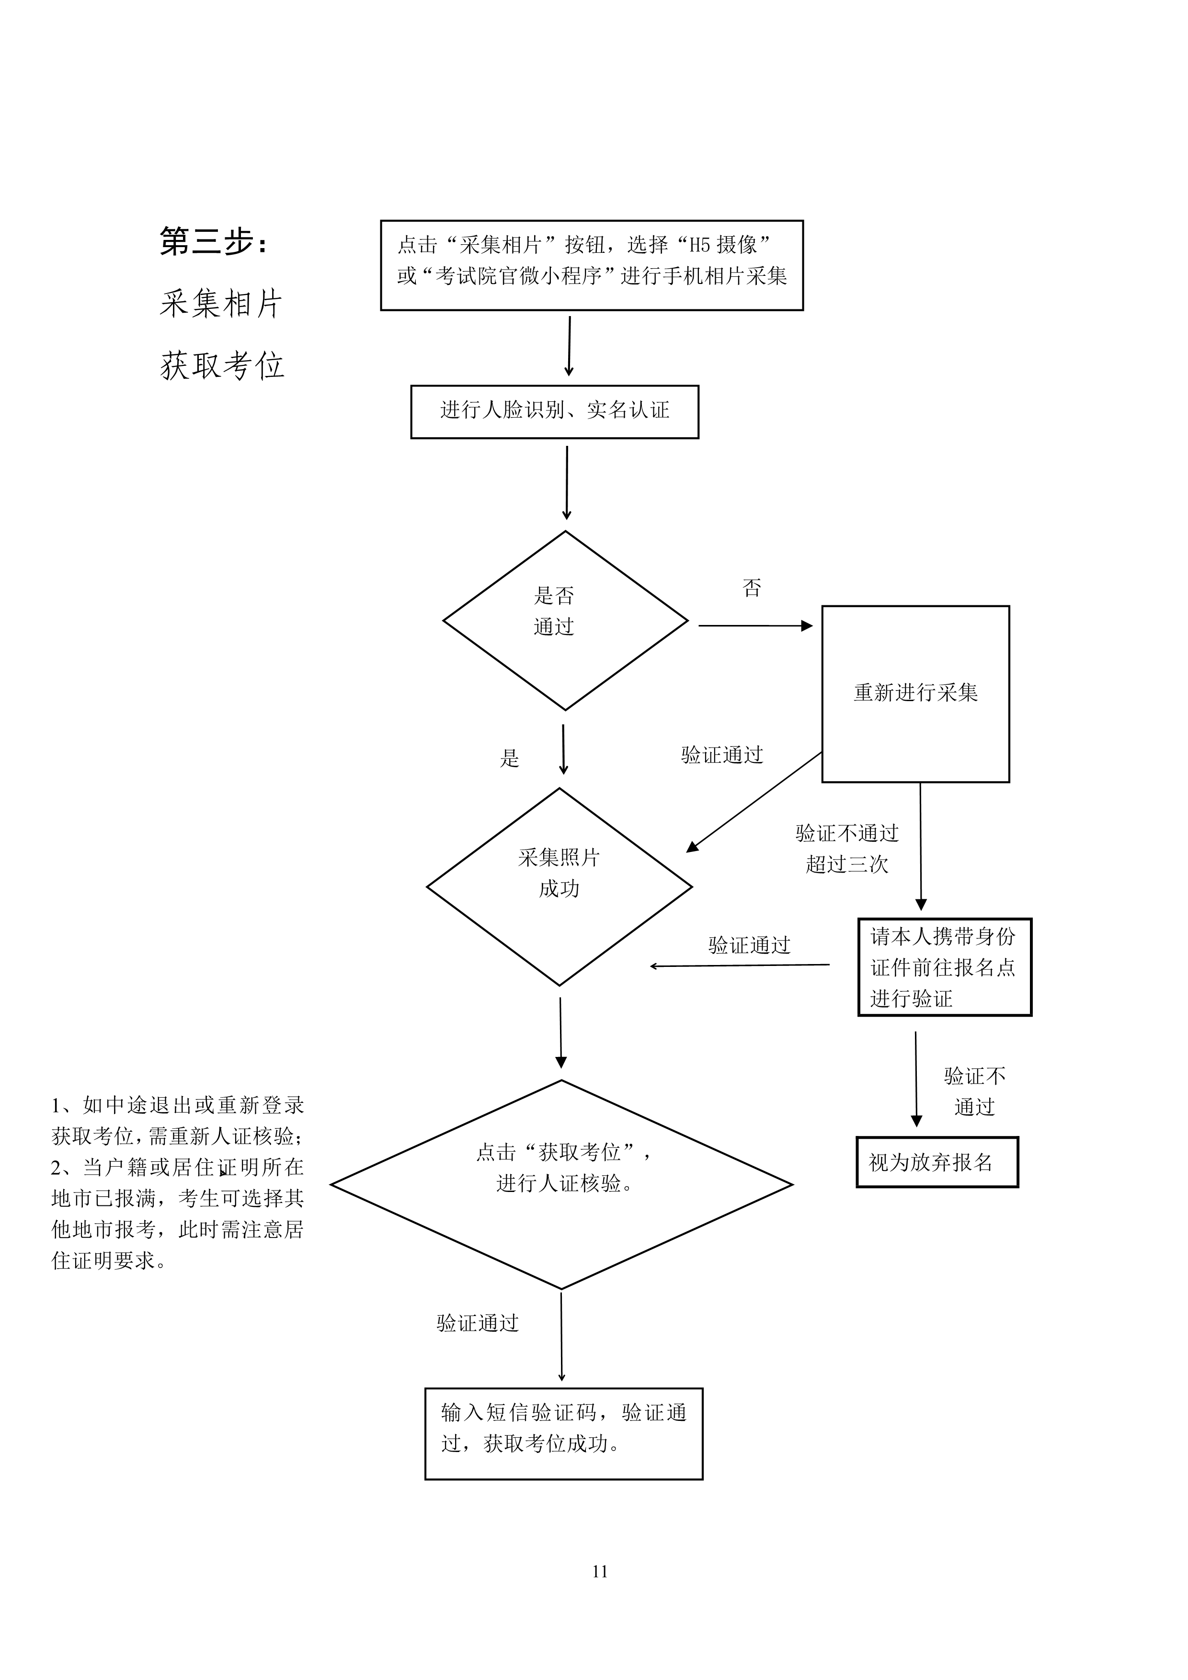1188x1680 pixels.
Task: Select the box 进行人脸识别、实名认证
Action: tap(555, 412)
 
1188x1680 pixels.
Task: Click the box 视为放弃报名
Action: tap(937, 1162)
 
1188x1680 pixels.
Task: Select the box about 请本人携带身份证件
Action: tap(944, 967)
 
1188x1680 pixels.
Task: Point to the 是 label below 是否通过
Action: tap(510, 758)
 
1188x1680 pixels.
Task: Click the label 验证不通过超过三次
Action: tap(847, 849)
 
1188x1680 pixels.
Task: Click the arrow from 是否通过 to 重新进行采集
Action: tap(755, 625)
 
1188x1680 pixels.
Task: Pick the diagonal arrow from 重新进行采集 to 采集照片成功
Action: tap(754, 802)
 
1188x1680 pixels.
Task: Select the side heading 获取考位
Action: tap(222, 365)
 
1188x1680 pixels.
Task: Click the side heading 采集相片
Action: tap(221, 303)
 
